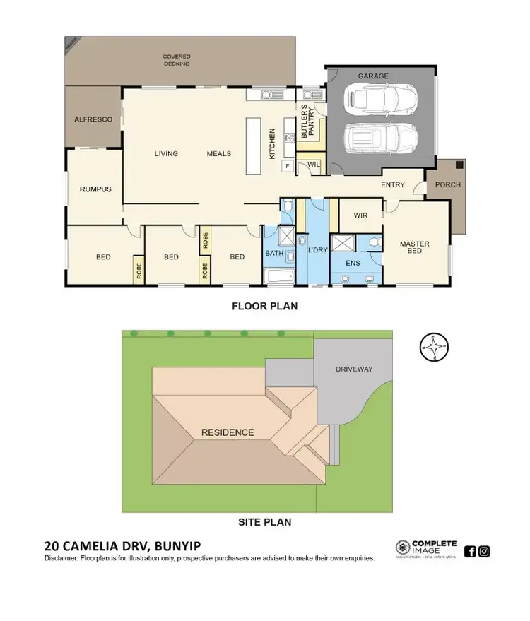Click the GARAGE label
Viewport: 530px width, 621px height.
[373, 76]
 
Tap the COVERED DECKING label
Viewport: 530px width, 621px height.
[176, 60]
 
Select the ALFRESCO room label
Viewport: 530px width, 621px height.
[93, 120]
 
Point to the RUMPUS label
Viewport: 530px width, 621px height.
[94, 189]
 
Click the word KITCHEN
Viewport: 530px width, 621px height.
[272, 143]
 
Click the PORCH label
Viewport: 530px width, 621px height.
[447, 185]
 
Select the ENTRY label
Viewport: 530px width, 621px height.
[393, 185]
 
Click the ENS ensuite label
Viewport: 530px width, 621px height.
[353, 263]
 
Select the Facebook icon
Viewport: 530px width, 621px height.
[470, 552]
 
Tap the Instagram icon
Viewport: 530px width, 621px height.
[484, 552]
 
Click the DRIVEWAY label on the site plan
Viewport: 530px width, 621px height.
[353, 369]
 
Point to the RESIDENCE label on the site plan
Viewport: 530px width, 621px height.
[228, 432]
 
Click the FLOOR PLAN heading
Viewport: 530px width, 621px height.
[265, 307]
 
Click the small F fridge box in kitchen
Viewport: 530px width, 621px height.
[288, 165]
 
